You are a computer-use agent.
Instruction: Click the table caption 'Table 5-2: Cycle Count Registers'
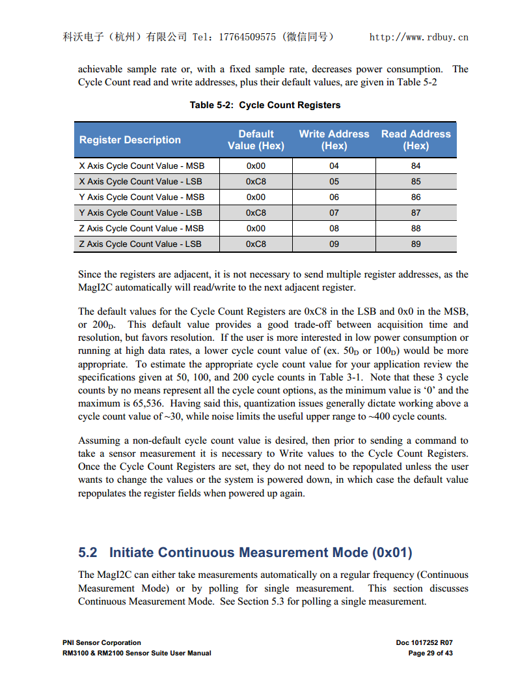click(265, 105)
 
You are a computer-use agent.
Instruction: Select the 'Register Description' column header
click(130, 140)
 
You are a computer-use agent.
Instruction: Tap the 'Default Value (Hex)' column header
click(256, 140)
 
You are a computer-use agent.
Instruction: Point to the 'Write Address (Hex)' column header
click(334, 140)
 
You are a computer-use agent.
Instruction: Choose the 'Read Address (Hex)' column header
click(416, 140)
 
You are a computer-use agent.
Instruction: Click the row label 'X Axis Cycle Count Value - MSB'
click(141, 166)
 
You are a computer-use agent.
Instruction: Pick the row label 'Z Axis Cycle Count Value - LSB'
click(140, 244)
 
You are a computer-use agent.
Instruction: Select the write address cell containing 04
click(334, 166)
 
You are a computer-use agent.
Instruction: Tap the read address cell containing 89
click(416, 244)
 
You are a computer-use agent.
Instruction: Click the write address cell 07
click(334, 213)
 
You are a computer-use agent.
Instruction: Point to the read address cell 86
click(416, 197)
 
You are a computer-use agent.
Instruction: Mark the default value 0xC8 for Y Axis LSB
click(256, 213)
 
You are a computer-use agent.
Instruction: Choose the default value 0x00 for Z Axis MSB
click(256, 229)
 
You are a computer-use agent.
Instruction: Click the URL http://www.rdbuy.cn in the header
click(418, 37)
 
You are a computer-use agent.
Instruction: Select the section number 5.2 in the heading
click(88, 552)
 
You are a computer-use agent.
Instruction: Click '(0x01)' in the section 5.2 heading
click(392, 552)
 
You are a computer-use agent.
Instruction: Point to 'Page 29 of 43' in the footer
click(430, 653)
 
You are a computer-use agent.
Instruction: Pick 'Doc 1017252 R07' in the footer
click(424, 642)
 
